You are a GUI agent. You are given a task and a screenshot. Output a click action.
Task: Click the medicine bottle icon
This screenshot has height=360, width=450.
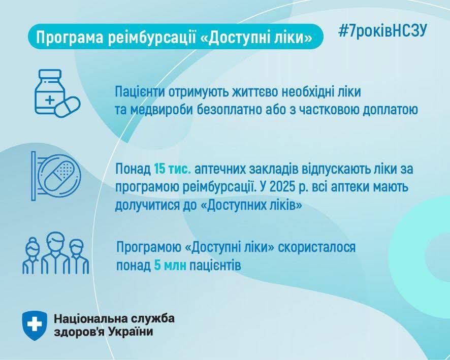point(49,91)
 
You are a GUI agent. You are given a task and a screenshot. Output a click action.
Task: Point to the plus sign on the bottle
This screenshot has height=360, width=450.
point(50,100)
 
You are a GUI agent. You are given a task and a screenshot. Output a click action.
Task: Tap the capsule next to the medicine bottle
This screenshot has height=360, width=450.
point(68,107)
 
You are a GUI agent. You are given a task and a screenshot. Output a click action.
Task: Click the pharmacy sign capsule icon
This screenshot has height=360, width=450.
point(56,176)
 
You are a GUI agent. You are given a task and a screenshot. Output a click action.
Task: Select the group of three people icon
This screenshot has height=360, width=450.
point(56,253)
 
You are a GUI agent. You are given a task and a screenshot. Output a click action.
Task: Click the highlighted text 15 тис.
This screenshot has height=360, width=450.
point(173,169)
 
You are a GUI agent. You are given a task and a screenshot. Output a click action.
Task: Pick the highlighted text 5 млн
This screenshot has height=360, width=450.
point(170,266)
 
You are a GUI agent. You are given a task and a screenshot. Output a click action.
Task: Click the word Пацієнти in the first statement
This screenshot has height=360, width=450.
point(140,92)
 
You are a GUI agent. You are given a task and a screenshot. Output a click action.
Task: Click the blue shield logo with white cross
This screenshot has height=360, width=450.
point(35,325)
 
